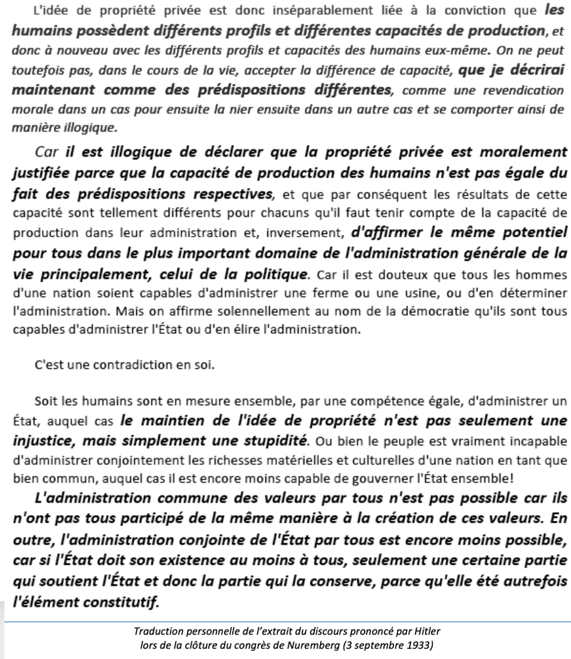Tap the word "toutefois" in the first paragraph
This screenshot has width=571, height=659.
pos(33,62)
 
